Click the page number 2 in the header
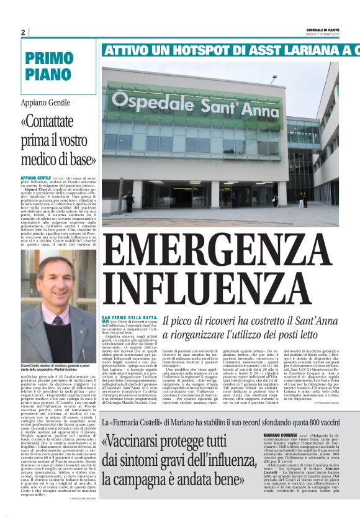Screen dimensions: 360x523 tap(23, 32)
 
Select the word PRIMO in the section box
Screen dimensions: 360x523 tap(50, 58)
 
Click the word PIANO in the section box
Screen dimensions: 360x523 tap(49, 74)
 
